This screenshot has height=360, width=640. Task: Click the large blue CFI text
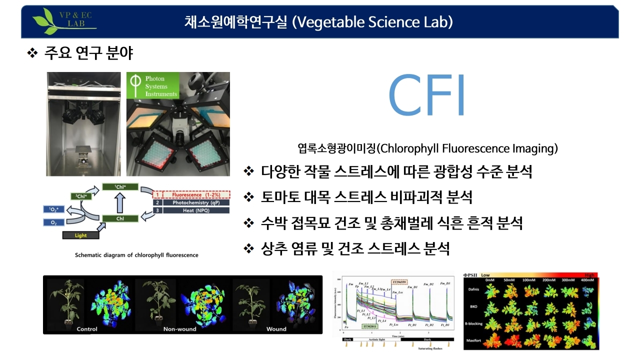[426, 97]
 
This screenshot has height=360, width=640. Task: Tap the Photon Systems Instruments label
[153, 86]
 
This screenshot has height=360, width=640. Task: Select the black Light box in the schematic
[80, 234]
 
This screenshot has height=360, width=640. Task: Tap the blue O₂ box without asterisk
[53, 222]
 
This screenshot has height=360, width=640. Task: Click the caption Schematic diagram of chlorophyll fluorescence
[136, 255]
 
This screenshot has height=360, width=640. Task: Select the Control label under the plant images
[87, 329]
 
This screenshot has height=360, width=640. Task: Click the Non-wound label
[180, 329]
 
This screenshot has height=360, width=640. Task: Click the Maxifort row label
[473, 341]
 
